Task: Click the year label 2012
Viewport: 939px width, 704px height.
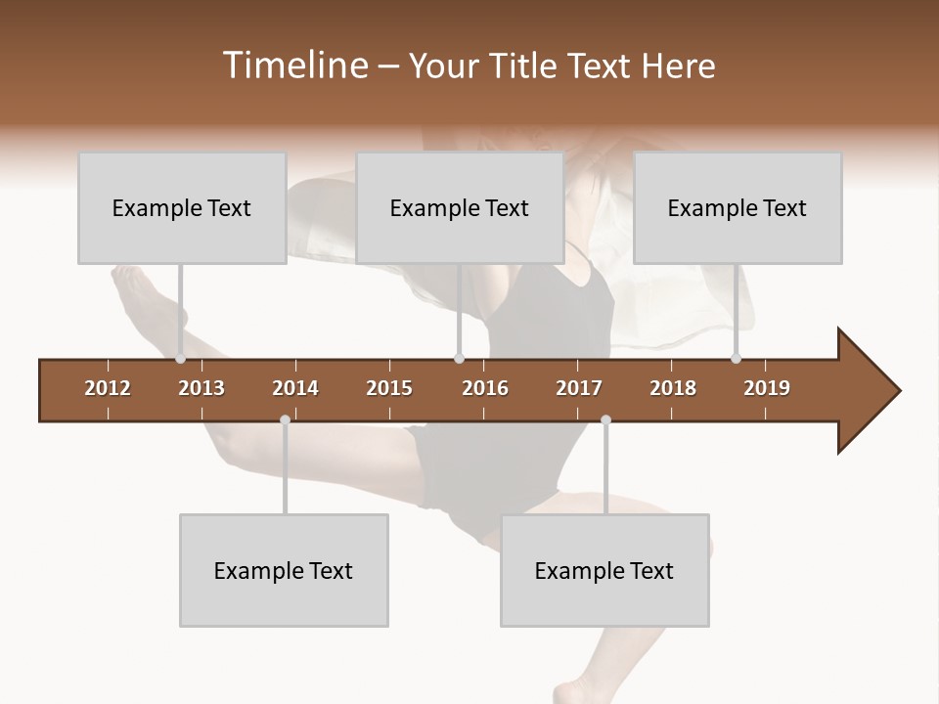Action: tap(108, 388)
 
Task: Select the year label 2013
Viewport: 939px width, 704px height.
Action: tap(201, 388)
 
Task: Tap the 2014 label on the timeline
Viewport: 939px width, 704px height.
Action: tap(295, 388)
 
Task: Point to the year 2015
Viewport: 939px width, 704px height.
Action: tap(389, 388)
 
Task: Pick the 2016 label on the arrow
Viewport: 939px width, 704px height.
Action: tap(485, 388)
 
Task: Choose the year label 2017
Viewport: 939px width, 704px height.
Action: tap(579, 388)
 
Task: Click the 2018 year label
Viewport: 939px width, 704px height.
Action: tap(673, 388)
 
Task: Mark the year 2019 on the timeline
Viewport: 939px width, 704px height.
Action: tap(767, 388)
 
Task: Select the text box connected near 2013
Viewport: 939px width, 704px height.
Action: tap(182, 208)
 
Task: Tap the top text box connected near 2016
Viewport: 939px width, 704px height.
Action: tap(460, 208)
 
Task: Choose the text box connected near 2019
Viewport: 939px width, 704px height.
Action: tap(738, 208)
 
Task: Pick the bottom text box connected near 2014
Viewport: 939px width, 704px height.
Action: tap(284, 570)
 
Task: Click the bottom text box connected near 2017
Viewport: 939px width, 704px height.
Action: tap(604, 570)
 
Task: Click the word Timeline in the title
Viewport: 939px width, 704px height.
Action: tap(294, 66)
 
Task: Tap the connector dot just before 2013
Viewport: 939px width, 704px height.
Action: tap(181, 359)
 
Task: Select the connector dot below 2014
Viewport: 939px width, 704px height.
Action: tap(285, 419)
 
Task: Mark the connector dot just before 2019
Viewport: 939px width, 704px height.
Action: tap(737, 359)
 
